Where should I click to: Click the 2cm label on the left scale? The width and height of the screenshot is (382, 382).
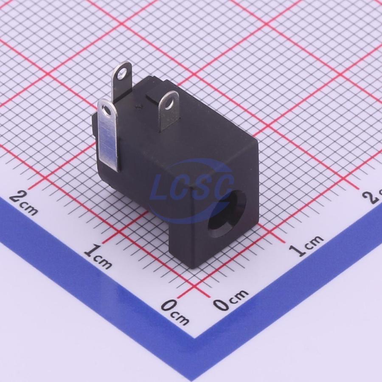(x=23, y=202)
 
